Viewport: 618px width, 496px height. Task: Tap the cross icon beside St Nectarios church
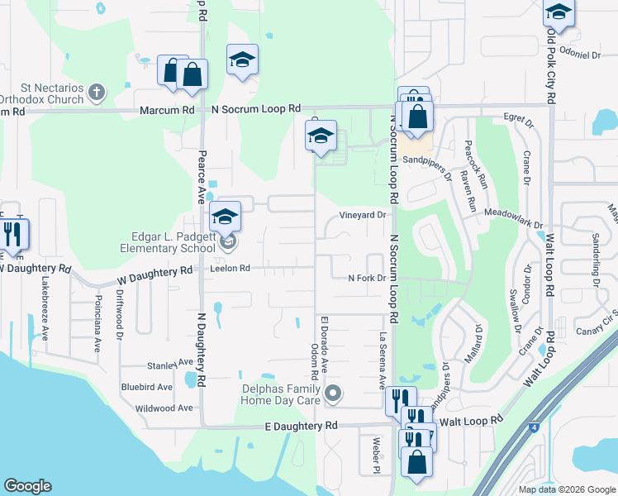[x=97, y=91]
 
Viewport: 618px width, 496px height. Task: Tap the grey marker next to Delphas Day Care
[x=333, y=393]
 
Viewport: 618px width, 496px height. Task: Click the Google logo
[x=27, y=486]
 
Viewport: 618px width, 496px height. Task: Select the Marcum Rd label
[x=167, y=109]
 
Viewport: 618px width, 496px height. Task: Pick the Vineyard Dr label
[x=363, y=215]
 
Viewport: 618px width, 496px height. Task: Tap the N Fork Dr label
[x=366, y=278]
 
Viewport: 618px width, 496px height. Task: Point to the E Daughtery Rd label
[x=302, y=425]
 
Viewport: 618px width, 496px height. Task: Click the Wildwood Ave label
[x=164, y=408]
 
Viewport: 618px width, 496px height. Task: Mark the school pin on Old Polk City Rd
[x=559, y=14]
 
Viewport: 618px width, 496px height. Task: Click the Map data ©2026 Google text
[x=566, y=489]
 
